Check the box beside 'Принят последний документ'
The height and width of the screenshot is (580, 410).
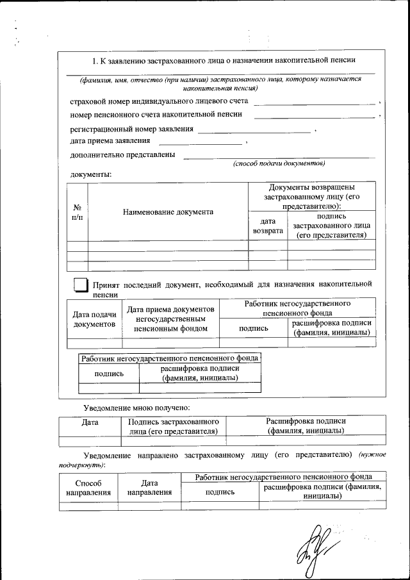(x=80, y=285)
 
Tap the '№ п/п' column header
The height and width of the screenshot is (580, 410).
(x=77, y=212)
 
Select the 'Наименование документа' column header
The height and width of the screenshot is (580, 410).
(x=168, y=212)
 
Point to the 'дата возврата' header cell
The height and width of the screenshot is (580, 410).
(x=268, y=226)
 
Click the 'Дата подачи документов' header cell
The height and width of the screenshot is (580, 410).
(x=94, y=319)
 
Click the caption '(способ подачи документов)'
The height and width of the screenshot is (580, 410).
(x=279, y=163)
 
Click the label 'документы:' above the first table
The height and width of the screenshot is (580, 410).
(x=90, y=174)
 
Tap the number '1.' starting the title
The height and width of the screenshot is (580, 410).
(x=94, y=60)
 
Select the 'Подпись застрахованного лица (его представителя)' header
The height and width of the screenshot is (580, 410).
(x=174, y=426)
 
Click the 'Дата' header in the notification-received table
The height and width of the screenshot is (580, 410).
(x=90, y=422)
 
